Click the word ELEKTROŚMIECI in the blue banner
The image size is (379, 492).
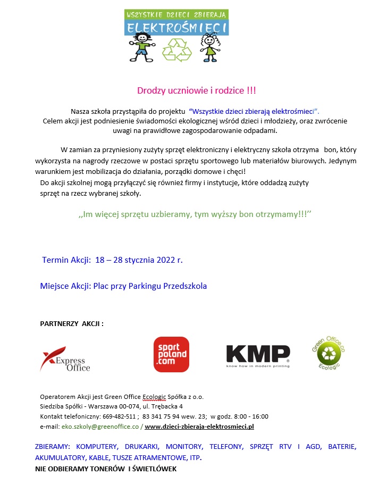click(x=177, y=27)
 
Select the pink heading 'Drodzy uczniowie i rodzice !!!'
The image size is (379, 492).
click(x=196, y=90)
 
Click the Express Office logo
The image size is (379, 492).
click(x=65, y=359)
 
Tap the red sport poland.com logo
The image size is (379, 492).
click(x=171, y=354)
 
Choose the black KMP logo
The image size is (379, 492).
click(x=258, y=355)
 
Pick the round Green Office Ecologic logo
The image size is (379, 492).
click(x=328, y=349)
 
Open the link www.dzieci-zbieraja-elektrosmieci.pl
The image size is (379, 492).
click(x=199, y=427)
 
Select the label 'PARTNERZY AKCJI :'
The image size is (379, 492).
click(x=72, y=323)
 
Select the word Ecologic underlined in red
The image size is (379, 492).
click(x=154, y=397)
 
